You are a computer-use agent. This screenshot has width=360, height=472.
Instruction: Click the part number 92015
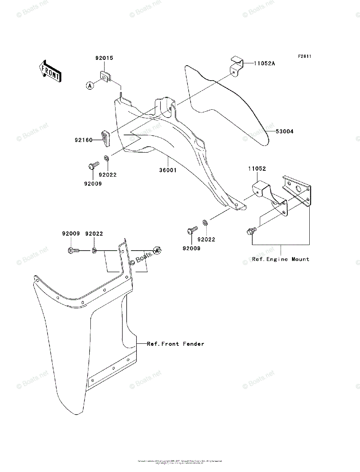pos(104,58)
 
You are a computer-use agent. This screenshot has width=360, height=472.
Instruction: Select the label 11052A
pos(264,63)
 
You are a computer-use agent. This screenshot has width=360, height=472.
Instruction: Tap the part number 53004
pos(284,131)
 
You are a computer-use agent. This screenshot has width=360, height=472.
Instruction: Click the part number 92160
pos(83,139)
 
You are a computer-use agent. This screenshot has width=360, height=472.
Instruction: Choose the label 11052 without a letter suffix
pos(257,169)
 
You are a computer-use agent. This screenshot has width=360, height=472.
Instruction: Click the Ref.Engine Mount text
pos(281,259)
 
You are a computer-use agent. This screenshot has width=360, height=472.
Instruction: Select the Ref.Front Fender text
pos(176,344)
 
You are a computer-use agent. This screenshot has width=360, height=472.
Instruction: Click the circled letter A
pos(90,85)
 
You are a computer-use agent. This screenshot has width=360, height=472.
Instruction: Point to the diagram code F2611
pos(304,57)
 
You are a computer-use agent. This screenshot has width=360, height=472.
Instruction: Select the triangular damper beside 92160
pos(107,137)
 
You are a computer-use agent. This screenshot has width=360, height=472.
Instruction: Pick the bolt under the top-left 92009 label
pos(73,250)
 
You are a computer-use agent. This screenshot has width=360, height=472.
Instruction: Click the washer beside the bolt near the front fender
pos(94,250)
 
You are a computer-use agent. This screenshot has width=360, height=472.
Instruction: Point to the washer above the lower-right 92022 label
pos(205,223)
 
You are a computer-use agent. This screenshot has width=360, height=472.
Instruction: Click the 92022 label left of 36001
pos(108,175)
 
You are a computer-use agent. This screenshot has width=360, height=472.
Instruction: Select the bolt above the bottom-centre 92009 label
pos(193,229)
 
